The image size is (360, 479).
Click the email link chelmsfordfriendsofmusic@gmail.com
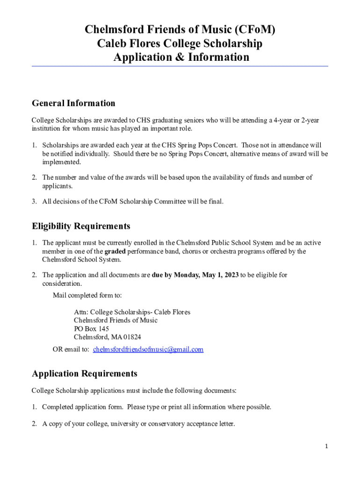click(x=148, y=349)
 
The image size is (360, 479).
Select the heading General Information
click(x=73, y=103)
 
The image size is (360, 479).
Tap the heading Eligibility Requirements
click(x=81, y=226)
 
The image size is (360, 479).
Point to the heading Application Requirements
click(x=85, y=373)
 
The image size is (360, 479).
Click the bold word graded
click(x=115, y=251)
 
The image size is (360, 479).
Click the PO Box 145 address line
click(x=91, y=329)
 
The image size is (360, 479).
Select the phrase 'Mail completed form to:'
click(x=87, y=295)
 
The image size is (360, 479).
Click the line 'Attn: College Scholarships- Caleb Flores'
click(x=132, y=312)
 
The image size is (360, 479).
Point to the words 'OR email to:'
click(x=71, y=349)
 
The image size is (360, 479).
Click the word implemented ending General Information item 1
click(x=62, y=162)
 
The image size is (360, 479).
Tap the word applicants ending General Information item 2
click(x=58, y=186)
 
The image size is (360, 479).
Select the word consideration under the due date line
click(x=62, y=283)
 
